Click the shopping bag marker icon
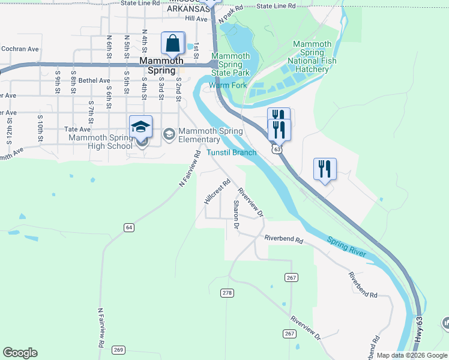(x=173, y=44)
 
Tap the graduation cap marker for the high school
(x=140, y=127)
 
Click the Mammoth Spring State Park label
(x=231, y=64)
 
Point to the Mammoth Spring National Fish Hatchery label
(x=312, y=56)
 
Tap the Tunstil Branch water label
(x=232, y=152)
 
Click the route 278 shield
(x=227, y=293)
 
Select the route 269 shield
(x=118, y=350)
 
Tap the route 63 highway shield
(x=275, y=148)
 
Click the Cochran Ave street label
(x=20, y=49)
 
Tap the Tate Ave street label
(x=77, y=129)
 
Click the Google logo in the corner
(x=20, y=353)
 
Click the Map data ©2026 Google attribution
(x=412, y=355)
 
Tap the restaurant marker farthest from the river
(x=325, y=169)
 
